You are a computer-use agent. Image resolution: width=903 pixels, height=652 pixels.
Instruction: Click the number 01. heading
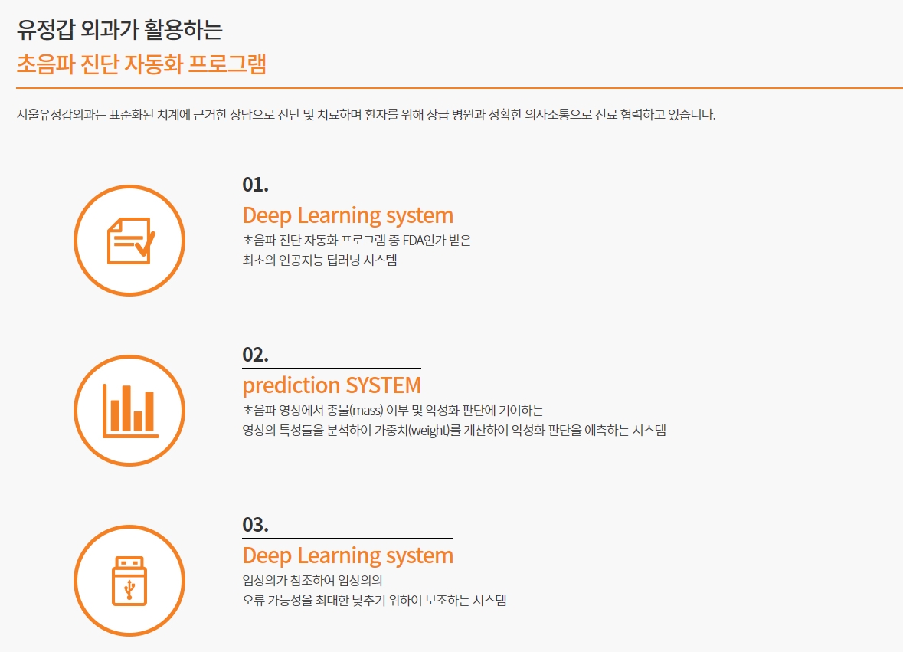coord(255,185)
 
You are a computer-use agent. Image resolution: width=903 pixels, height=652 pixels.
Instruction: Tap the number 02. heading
coord(255,355)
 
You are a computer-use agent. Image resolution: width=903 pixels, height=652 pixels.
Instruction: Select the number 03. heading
coord(255,525)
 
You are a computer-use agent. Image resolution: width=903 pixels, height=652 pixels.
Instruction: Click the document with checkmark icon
coord(131,241)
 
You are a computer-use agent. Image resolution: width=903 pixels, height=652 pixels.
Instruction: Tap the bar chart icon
coord(131,411)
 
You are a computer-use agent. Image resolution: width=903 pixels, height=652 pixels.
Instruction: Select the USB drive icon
coord(129,582)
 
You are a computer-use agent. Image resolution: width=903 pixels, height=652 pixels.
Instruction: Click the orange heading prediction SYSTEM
coord(332,385)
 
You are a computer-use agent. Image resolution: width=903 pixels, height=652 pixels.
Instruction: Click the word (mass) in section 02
coord(367,411)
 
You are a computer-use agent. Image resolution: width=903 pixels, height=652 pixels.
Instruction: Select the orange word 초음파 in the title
coord(45,64)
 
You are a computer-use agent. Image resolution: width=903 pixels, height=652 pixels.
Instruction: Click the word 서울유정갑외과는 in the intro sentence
coord(61,115)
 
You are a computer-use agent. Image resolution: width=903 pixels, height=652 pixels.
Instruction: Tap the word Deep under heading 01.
coord(267,216)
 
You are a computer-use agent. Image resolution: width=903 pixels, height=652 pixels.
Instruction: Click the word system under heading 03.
coord(420,556)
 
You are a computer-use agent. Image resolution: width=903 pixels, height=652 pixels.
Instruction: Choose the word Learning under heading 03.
coord(339,556)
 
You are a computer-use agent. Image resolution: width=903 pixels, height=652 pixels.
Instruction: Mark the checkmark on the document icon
coord(145,244)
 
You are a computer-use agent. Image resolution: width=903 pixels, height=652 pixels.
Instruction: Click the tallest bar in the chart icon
coord(126,408)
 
